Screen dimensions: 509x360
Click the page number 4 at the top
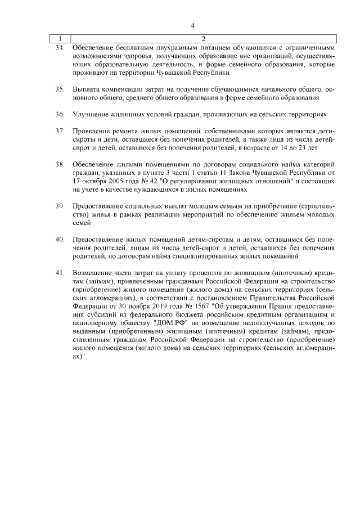tap(192, 25)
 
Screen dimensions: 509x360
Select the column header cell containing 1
tap(59, 39)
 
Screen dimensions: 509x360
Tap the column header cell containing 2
tap(203, 39)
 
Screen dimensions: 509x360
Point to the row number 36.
tap(59, 114)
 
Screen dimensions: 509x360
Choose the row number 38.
tap(59, 164)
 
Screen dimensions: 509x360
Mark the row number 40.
tap(59, 240)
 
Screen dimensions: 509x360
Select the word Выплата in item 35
tap(86, 89)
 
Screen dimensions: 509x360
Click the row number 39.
tap(59, 206)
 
